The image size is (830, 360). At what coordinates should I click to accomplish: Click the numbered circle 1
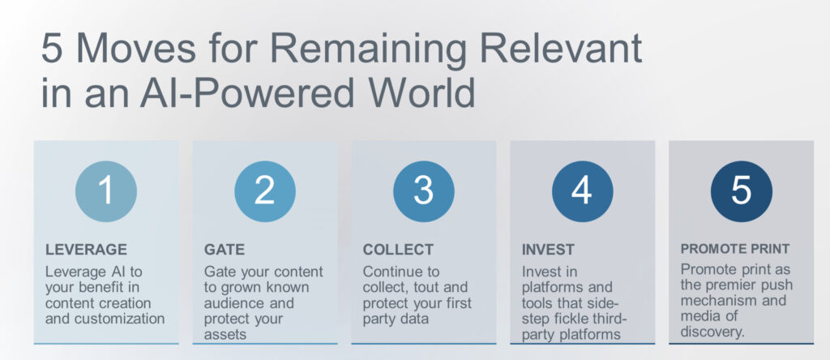(106, 191)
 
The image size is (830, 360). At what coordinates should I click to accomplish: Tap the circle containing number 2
(265, 191)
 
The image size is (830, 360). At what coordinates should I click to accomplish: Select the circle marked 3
(423, 191)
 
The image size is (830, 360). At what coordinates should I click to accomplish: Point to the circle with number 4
(582, 191)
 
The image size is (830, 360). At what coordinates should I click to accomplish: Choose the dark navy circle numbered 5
(741, 191)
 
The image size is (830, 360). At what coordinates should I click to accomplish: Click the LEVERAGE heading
(86, 250)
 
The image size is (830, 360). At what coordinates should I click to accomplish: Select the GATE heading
(225, 250)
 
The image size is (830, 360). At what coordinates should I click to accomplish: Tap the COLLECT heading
(398, 250)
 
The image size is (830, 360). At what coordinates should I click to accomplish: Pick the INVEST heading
(548, 250)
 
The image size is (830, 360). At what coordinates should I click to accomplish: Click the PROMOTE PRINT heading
(734, 249)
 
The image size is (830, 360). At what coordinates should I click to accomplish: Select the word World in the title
(421, 92)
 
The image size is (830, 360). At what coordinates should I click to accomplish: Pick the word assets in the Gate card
(225, 335)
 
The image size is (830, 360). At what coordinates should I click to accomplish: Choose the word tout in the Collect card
(417, 288)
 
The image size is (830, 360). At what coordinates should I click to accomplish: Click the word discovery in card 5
(712, 332)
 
